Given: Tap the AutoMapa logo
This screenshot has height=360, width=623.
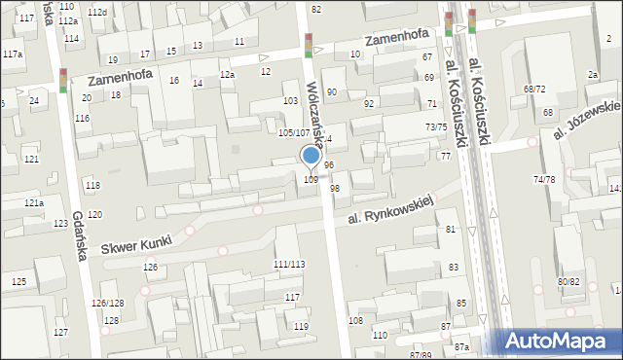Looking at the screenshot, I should (x=559, y=341).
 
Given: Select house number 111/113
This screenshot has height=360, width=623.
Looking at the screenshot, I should (x=288, y=265).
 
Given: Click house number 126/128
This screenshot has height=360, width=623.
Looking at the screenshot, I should (x=108, y=304).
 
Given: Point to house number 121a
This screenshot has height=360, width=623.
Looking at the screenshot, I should (x=35, y=202).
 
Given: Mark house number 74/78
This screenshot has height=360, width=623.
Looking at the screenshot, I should (x=544, y=179).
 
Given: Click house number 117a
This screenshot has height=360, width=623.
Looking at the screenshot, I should (x=13, y=54).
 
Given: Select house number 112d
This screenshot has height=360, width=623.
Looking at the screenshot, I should (x=96, y=12).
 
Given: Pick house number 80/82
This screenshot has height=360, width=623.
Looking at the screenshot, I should (x=568, y=282).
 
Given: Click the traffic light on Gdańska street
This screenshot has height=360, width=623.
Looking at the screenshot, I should (x=63, y=81).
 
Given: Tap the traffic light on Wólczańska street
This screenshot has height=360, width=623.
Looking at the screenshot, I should (x=309, y=46).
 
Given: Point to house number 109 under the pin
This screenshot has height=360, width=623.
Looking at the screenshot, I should (x=311, y=179).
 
